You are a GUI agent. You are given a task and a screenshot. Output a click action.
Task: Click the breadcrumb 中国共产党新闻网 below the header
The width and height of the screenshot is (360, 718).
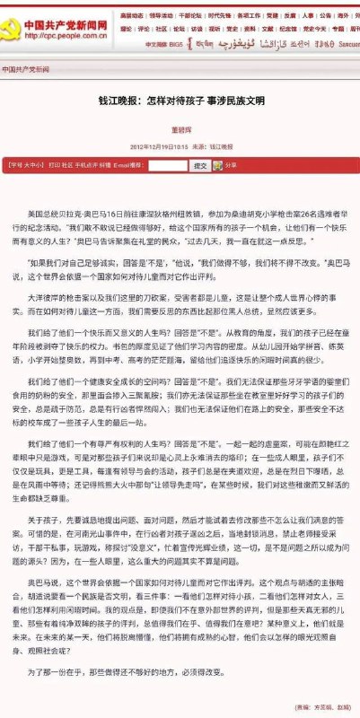[25, 69]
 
